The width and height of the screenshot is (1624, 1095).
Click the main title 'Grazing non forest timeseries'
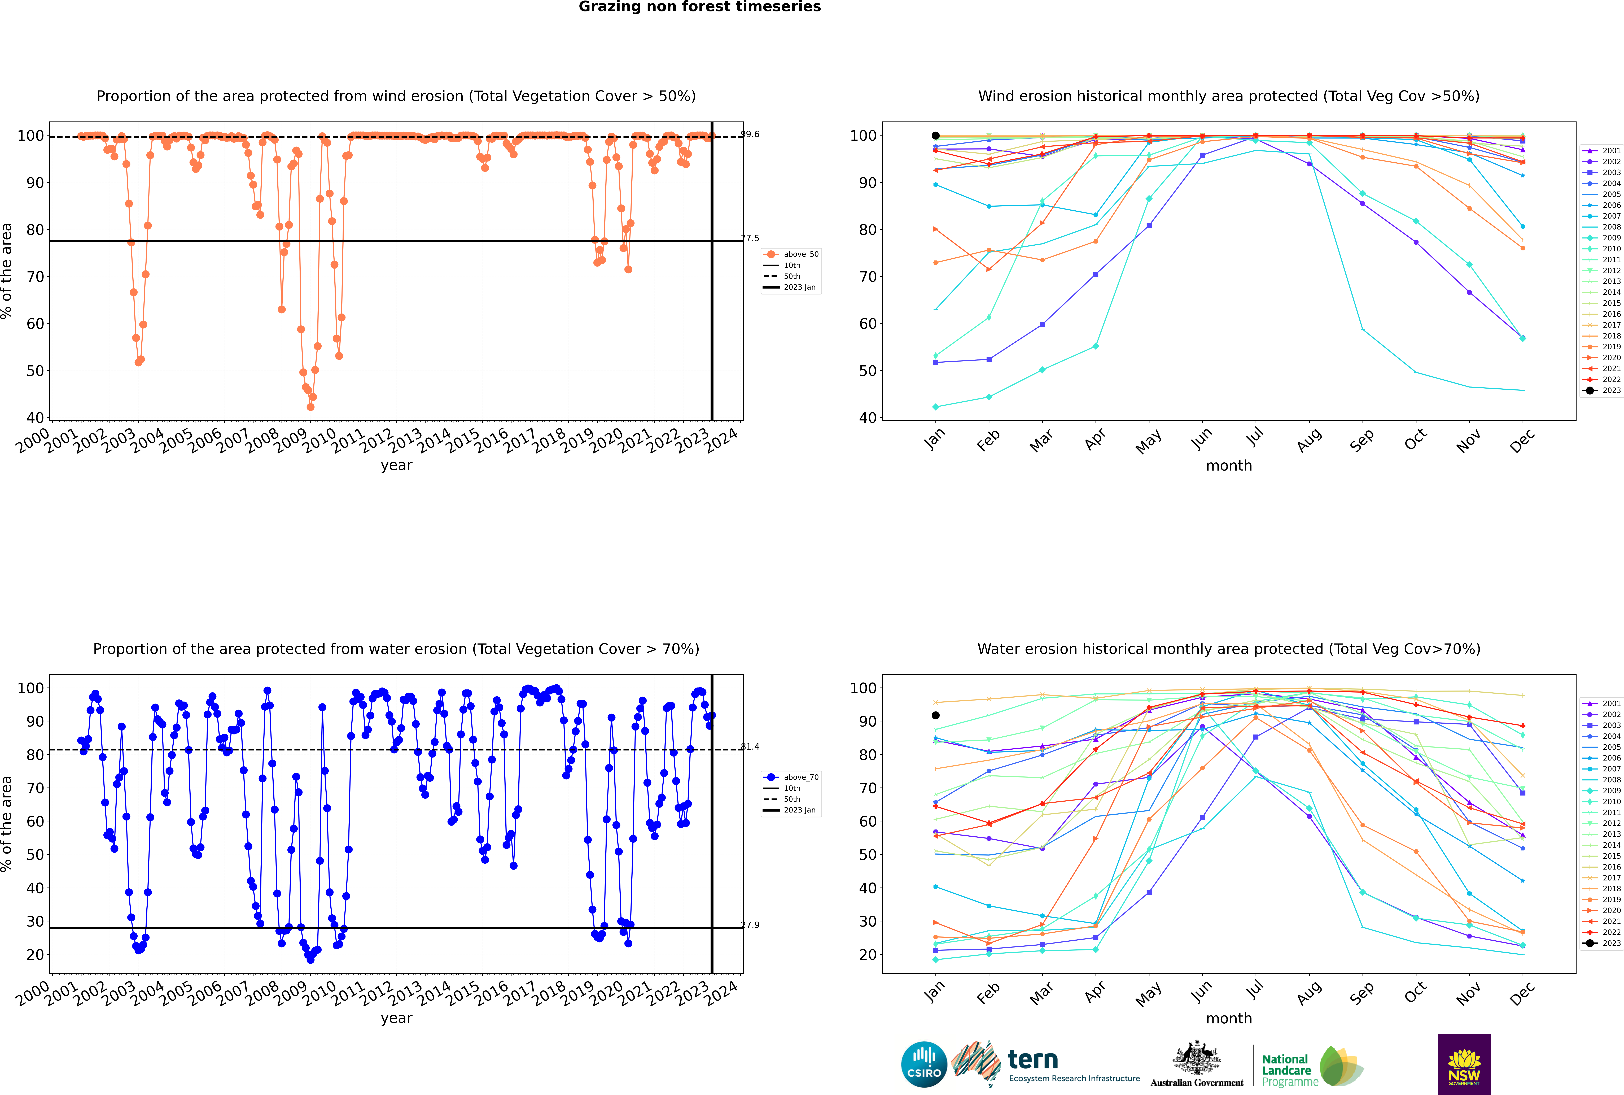pyautogui.click(x=700, y=7)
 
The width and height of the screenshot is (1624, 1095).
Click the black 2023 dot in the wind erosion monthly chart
pyautogui.click(x=936, y=136)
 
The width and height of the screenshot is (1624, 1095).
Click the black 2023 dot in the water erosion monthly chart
pyautogui.click(x=936, y=715)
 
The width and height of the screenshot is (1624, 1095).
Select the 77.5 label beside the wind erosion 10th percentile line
pyautogui.click(x=750, y=238)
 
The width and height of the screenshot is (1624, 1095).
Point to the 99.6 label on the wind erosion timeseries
pyautogui.click(x=750, y=134)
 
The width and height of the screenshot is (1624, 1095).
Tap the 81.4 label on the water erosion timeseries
pyautogui.click(x=750, y=746)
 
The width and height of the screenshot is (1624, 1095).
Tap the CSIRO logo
pyautogui.click(x=924, y=1064)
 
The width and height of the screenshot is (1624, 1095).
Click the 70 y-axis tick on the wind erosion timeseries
pyautogui.click(x=35, y=277)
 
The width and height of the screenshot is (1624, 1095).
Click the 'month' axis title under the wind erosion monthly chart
pyautogui.click(x=1229, y=466)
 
